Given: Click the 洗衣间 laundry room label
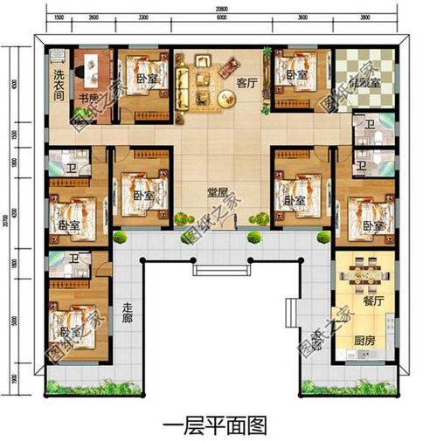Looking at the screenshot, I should point(57,82).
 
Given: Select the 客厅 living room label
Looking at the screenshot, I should point(247,84).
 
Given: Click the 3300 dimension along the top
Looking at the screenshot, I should point(144,17).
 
